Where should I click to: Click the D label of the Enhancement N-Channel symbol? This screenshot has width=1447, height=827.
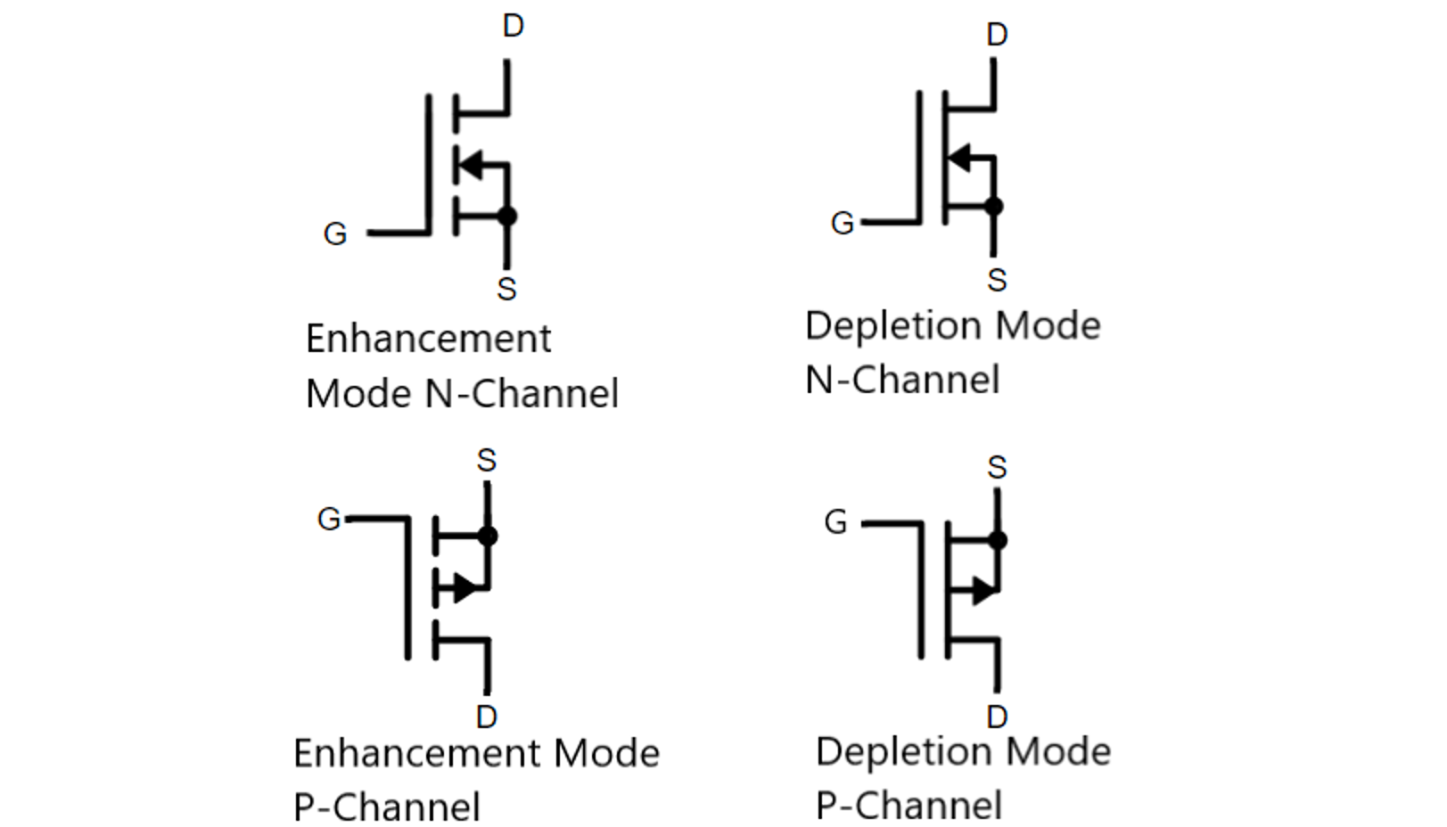(513, 27)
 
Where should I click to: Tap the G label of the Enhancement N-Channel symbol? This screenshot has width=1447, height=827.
(334, 233)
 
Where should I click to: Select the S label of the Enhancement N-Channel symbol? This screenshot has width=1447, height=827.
(506, 289)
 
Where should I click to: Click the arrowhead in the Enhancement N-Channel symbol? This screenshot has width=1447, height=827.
(470, 164)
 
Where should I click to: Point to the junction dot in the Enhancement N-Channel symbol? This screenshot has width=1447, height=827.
(507, 216)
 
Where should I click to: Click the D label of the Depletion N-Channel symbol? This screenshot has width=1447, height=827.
(997, 35)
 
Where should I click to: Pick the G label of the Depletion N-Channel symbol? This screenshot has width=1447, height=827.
(842, 223)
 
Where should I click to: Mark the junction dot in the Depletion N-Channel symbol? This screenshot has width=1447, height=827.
(994, 207)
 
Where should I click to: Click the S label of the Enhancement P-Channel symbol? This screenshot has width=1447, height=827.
(486, 461)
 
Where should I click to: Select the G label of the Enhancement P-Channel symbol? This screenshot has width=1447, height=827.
(329, 519)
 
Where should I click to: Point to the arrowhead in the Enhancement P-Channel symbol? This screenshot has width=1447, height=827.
(465, 588)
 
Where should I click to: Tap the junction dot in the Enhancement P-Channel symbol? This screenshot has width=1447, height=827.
(488, 536)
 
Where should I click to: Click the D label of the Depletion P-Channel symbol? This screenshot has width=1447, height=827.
(997, 716)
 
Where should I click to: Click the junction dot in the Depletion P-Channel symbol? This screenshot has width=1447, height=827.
(998, 540)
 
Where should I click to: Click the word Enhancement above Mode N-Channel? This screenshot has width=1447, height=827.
(428, 339)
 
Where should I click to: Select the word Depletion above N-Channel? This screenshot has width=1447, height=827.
(894, 325)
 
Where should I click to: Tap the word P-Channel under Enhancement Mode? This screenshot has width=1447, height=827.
(387, 807)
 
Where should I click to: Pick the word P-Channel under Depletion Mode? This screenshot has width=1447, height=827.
(908, 806)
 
